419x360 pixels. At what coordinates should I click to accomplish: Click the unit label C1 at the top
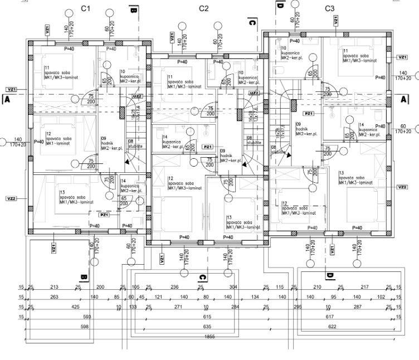point(85,8)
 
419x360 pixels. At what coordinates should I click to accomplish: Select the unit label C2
point(203,8)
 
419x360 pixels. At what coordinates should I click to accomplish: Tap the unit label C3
point(329,8)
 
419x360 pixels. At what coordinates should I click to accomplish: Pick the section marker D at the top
point(280,6)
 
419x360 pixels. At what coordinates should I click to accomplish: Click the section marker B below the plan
point(84,277)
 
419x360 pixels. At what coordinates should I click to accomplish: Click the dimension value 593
point(85,317)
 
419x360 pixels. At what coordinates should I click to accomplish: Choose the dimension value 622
point(332,326)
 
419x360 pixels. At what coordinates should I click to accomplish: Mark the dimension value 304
point(233,287)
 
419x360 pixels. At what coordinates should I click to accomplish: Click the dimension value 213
point(54,287)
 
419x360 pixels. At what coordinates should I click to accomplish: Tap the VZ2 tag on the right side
point(402,187)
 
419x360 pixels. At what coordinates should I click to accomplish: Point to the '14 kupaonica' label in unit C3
point(368,128)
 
